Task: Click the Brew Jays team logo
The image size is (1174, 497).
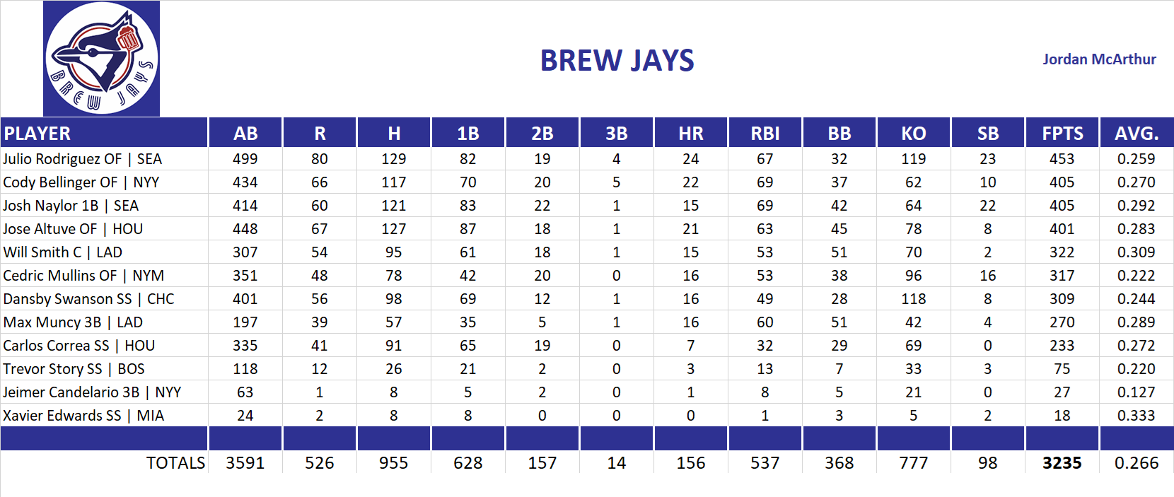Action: coord(101,59)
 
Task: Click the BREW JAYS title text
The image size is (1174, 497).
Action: coord(617,61)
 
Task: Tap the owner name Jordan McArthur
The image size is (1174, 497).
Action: coord(1098,59)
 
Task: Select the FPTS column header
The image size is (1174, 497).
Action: coord(1062,133)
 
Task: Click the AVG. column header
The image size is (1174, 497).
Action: coord(1136,133)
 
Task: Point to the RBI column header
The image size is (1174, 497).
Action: coord(765,133)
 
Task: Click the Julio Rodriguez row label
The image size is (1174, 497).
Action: coord(82,159)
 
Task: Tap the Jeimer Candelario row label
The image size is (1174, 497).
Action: coord(92,392)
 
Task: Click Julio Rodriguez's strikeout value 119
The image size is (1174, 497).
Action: coord(913,159)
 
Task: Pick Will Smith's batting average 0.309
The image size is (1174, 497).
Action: coord(1136,252)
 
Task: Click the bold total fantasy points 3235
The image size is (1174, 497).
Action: coord(1062,463)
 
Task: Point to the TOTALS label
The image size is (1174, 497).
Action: coord(175,463)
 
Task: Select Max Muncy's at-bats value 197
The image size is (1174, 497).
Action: coord(245,322)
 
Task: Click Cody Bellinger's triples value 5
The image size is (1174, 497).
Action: coord(616,182)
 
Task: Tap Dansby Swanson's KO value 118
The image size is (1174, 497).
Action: coord(913,299)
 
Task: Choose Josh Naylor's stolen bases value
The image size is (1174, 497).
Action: coord(987,206)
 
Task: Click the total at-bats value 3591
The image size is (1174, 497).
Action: coord(245,463)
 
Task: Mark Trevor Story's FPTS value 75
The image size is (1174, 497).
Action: coord(1062,369)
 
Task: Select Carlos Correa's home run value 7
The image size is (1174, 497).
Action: coord(690,346)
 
